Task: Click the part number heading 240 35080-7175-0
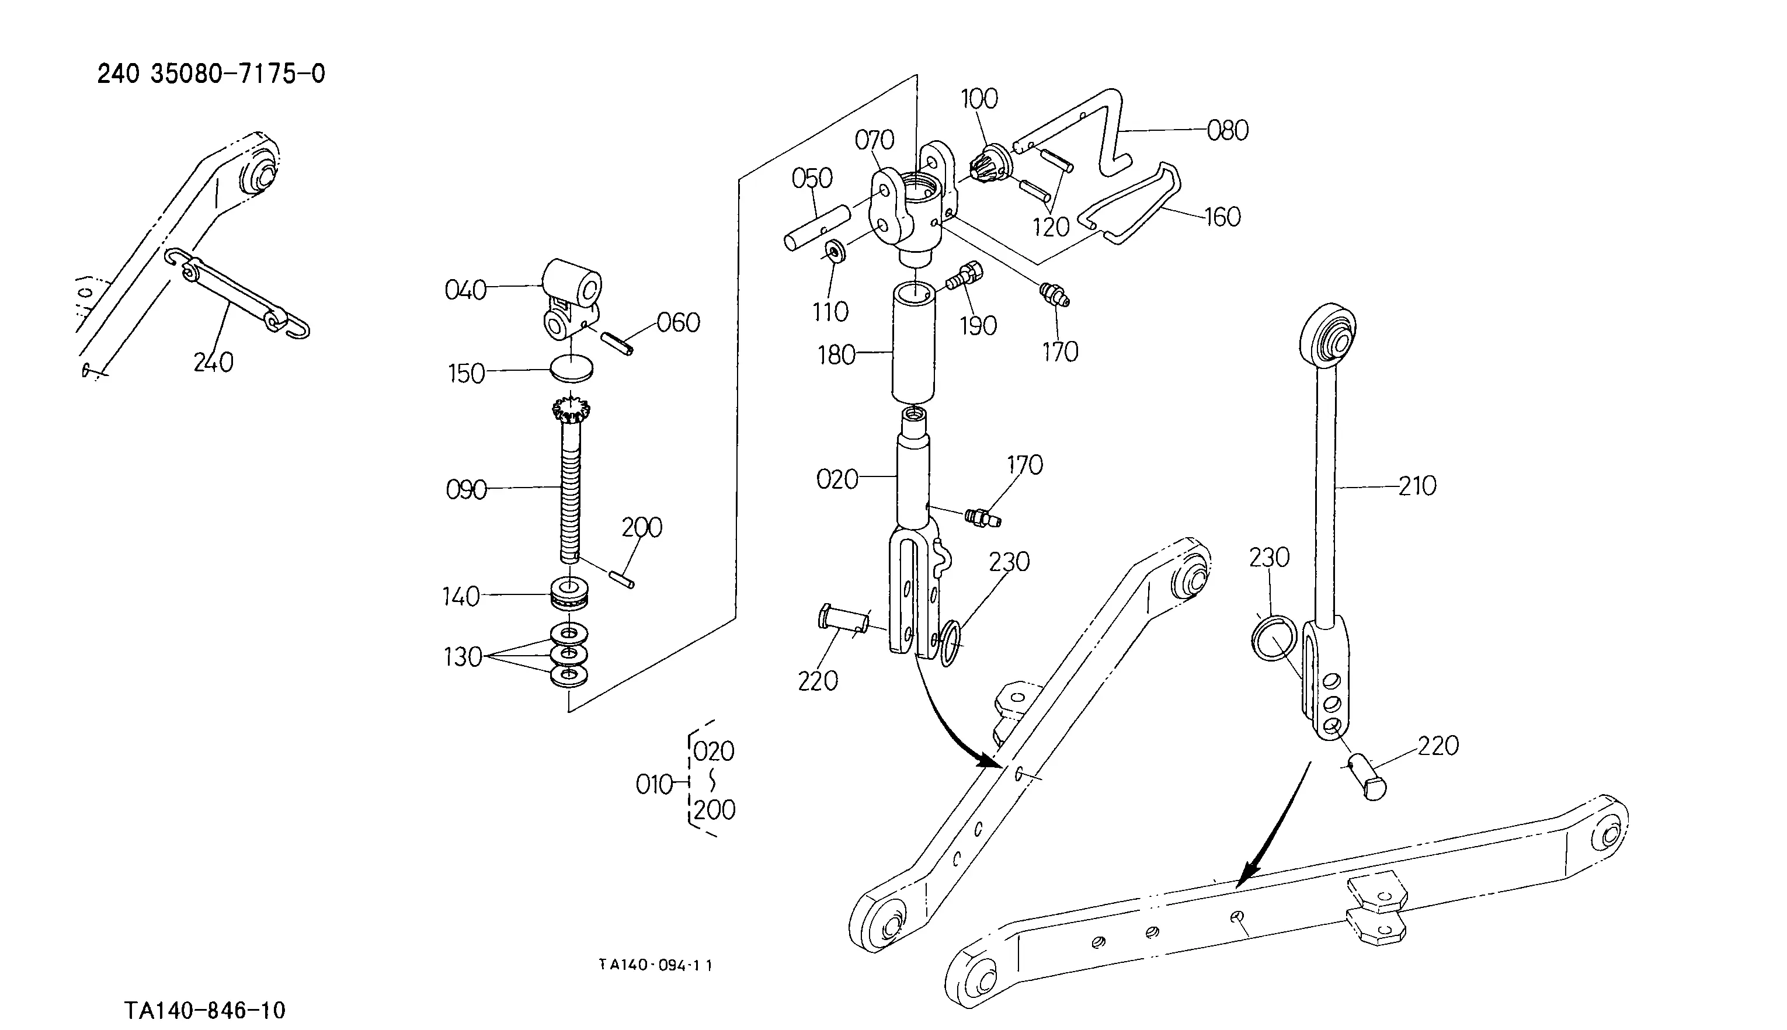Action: (211, 74)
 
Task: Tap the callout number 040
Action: (465, 290)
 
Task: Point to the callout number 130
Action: (462, 657)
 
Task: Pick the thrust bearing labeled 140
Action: (569, 593)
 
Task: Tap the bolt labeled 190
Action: (963, 276)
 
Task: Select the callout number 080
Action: (1228, 130)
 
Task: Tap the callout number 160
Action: (1222, 217)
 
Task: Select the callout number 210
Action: (1417, 486)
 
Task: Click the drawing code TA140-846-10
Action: (204, 1010)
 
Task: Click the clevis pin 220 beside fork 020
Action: (842, 619)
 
